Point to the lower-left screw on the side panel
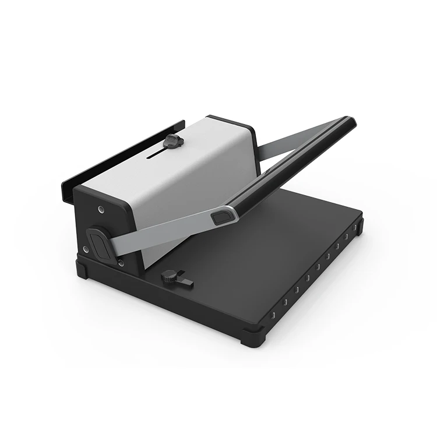point(86,249)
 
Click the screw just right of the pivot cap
point(120,262)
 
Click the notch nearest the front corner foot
point(272,315)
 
